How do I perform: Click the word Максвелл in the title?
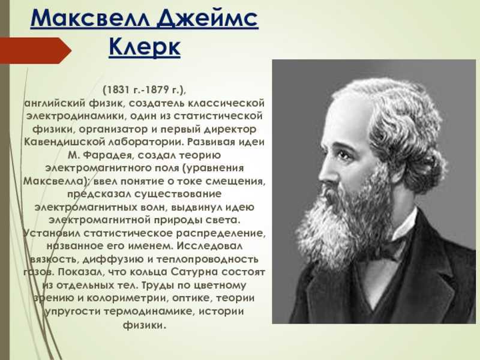tap(90, 19)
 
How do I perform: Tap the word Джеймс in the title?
tap(207, 19)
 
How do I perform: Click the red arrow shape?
tap(35, 50)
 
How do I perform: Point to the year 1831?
tap(116, 90)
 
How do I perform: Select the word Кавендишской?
tap(62, 142)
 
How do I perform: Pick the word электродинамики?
tap(76, 116)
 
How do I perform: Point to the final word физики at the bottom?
tap(145, 325)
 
